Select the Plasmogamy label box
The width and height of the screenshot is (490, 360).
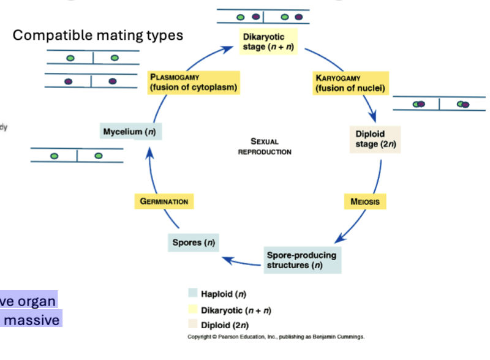[x=193, y=83]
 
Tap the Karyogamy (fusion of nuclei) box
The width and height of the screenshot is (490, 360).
[x=350, y=83]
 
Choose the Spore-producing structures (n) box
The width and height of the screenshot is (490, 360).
[x=302, y=260]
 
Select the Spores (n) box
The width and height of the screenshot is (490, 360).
[x=194, y=242]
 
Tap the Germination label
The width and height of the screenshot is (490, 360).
[x=164, y=201]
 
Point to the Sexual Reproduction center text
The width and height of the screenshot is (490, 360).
[x=265, y=146]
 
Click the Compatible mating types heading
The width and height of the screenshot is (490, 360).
[x=98, y=36]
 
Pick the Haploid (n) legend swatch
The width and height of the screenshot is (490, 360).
[x=193, y=294]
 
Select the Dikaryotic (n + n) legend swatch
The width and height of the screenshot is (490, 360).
[x=193, y=310]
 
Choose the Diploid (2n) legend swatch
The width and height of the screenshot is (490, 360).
[x=193, y=324]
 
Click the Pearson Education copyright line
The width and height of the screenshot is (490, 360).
[x=276, y=337]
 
